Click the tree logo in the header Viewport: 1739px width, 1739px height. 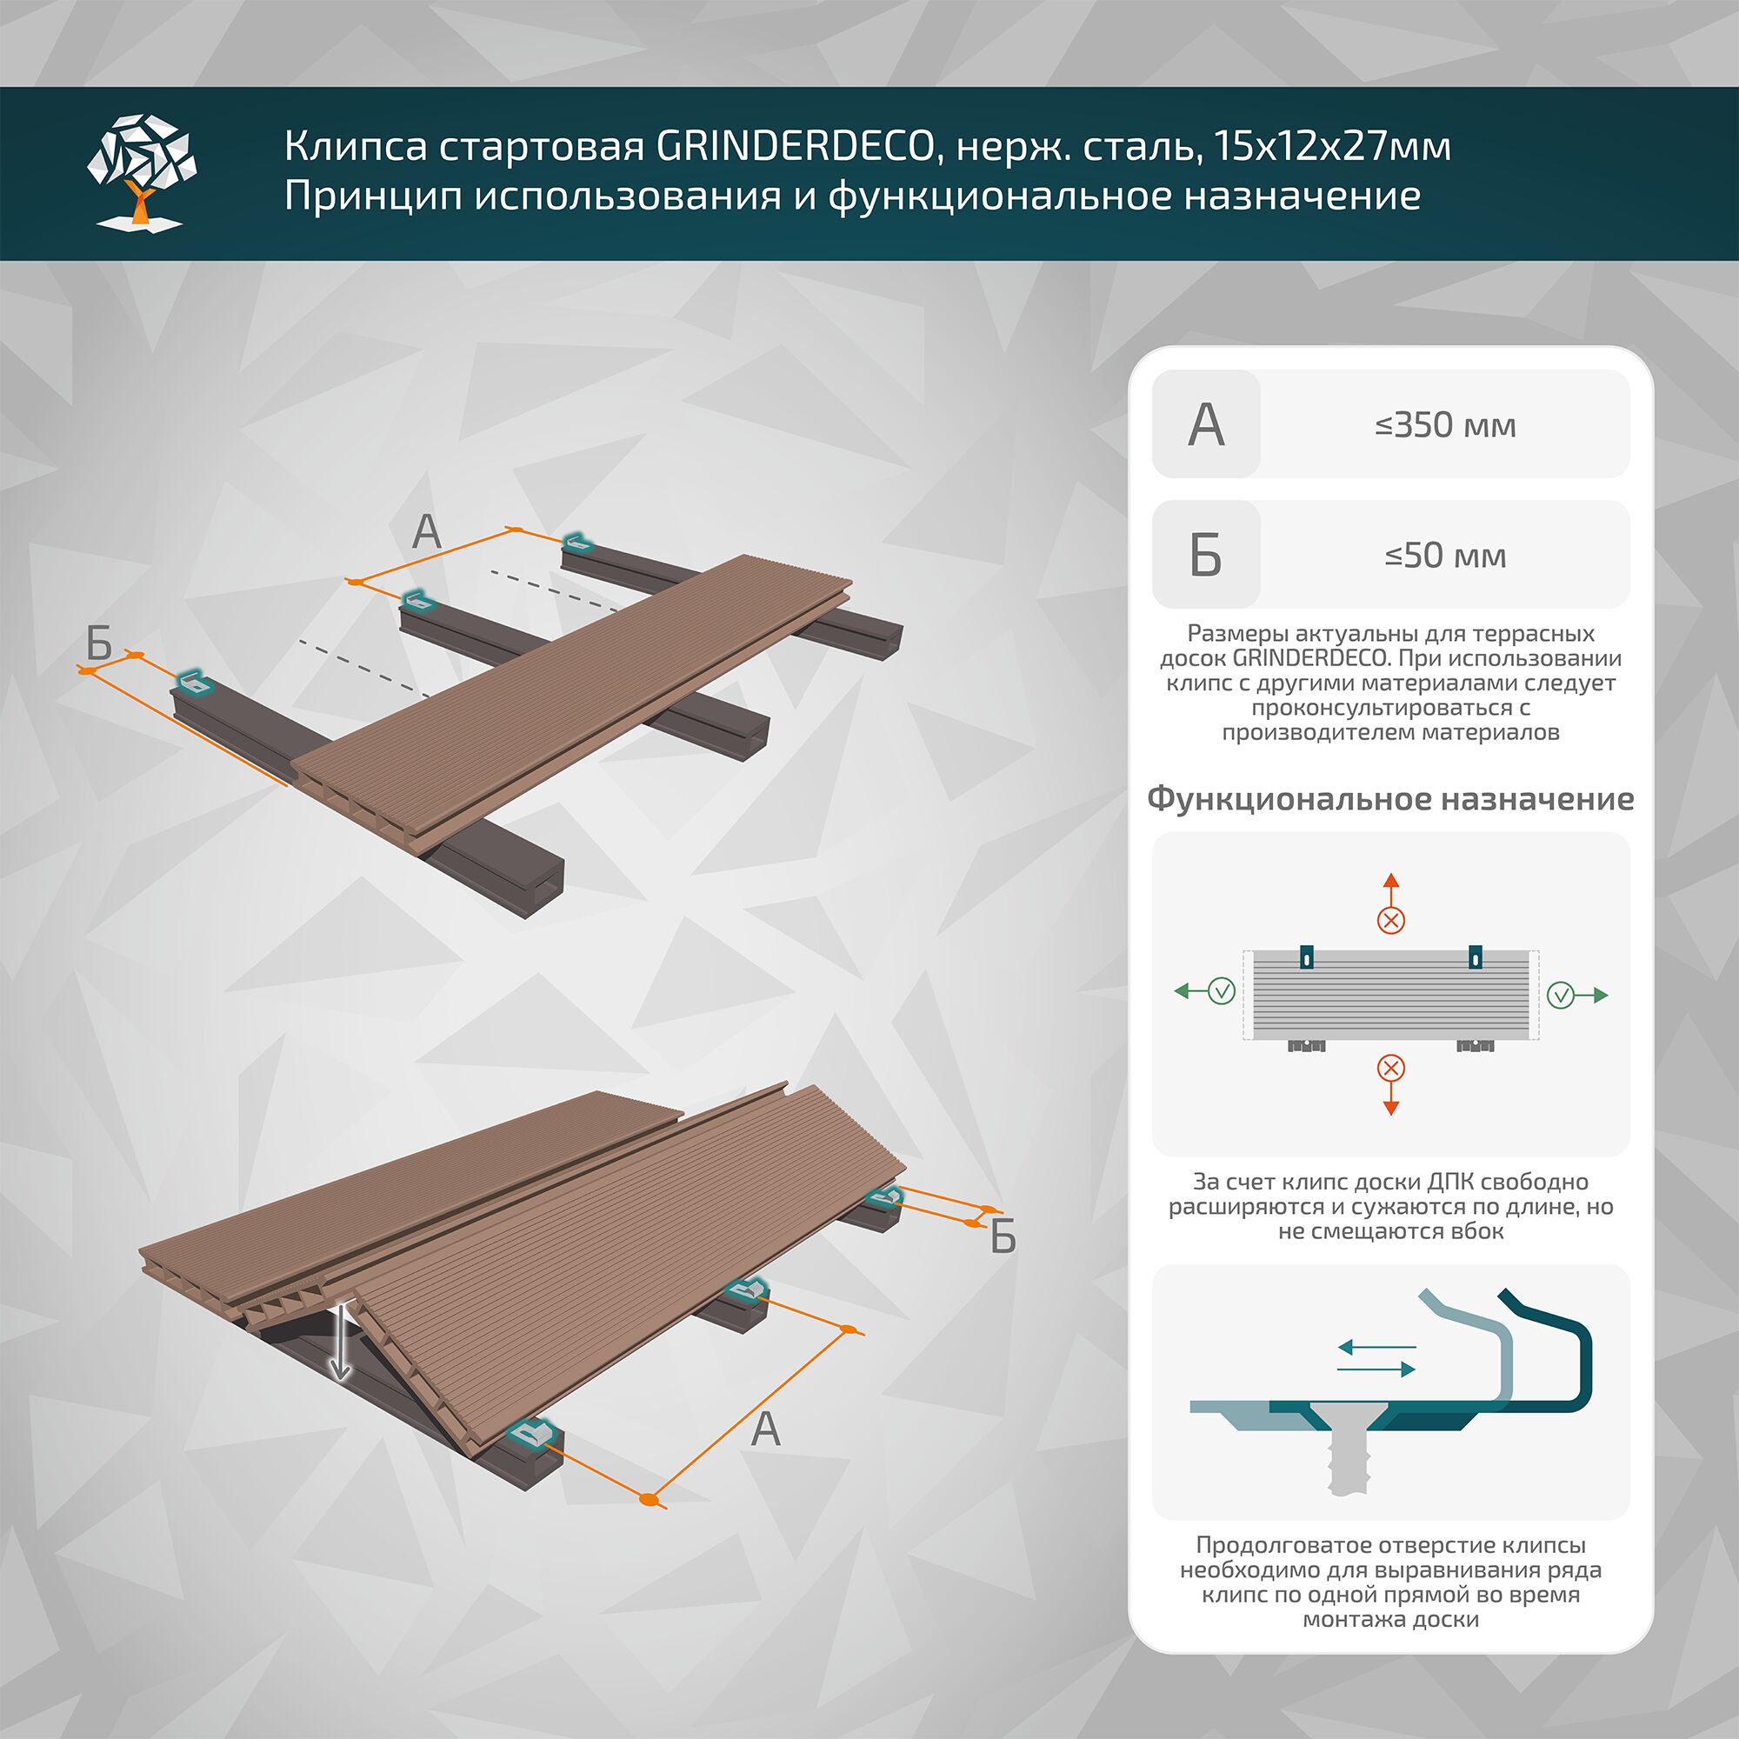pyautogui.click(x=142, y=171)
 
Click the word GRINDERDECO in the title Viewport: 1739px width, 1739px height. pyautogui.click(x=795, y=146)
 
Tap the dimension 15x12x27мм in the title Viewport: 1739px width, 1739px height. pyautogui.click(x=1331, y=146)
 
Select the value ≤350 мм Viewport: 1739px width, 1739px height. pyautogui.click(x=1444, y=424)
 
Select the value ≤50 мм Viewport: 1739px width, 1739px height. pyautogui.click(x=1444, y=555)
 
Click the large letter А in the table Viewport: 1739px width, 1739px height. pyautogui.click(x=1206, y=424)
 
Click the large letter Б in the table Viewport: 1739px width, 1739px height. pyautogui.click(x=1206, y=555)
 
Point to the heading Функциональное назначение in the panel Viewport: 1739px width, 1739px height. pyautogui.click(x=1389, y=798)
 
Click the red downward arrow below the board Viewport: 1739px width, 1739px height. pyautogui.click(x=1390, y=1099)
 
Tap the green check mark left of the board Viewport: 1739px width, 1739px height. pyautogui.click(x=1222, y=991)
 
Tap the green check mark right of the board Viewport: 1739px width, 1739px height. pyautogui.click(x=1561, y=995)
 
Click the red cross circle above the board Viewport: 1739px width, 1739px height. pyautogui.click(x=1391, y=920)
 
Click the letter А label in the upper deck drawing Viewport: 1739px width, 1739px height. pyautogui.click(x=427, y=531)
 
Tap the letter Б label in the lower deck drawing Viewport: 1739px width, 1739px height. pyautogui.click(x=1003, y=1238)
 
